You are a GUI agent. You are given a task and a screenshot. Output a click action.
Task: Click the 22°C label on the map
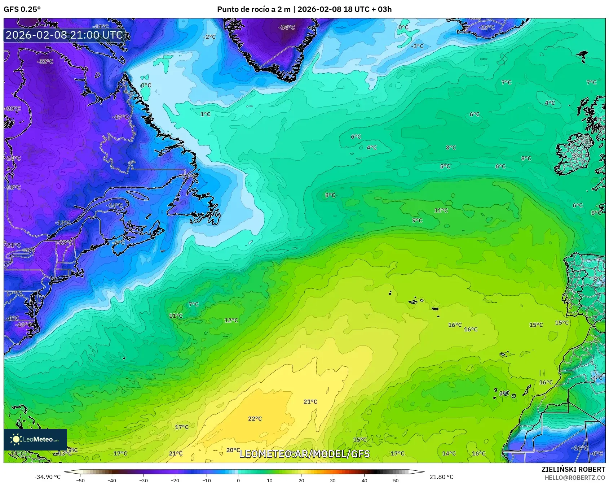[x=255, y=419]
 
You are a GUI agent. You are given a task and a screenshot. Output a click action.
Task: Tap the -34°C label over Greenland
[x=287, y=27]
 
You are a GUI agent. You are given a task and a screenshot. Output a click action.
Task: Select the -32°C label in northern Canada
[x=45, y=61]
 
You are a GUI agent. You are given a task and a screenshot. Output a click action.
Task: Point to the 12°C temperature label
[x=231, y=321]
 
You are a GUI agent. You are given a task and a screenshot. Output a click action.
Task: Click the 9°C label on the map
[x=417, y=221]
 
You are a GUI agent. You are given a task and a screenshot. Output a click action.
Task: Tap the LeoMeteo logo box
[x=35, y=439]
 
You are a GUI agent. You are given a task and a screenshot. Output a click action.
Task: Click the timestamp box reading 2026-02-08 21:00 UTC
[x=64, y=35]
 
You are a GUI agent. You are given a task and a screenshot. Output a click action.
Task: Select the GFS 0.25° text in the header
[x=22, y=9]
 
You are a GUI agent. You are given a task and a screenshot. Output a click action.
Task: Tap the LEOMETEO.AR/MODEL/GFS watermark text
[x=304, y=454]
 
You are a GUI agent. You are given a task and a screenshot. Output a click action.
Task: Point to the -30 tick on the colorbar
[x=144, y=480]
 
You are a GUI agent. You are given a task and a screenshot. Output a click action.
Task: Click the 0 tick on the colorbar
[x=238, y=480]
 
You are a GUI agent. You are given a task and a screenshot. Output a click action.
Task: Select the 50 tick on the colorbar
[x=396, y=480]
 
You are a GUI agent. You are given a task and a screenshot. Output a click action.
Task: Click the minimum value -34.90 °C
[x=47, y=477]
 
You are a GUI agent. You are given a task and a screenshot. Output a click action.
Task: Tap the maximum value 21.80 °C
[x=441, y=477]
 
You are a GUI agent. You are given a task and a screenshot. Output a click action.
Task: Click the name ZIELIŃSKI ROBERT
[x=573, y=469]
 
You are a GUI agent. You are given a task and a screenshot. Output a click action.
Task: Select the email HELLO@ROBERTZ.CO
[x=574, y=478]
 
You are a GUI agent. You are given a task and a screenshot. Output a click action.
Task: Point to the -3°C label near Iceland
[x=418, y=46]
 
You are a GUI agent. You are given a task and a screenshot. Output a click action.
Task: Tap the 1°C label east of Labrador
[x=205, y=114]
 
